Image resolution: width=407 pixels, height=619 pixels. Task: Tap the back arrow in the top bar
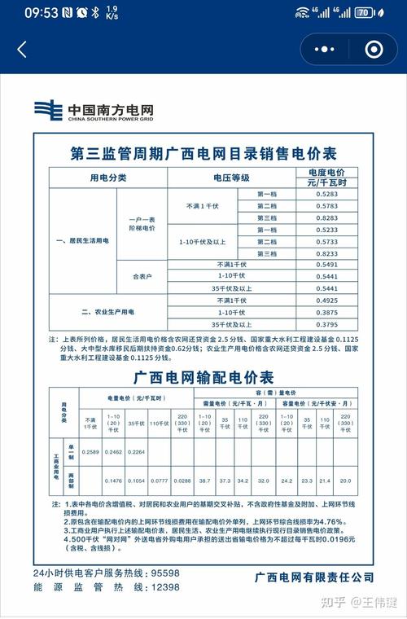(x=22, y=49)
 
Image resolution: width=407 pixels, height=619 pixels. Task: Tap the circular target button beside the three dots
(x=374, y=49)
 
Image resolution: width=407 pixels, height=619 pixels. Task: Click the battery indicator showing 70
(x=363, y=12)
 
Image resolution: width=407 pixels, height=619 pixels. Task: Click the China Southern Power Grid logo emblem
(x=48, y=110)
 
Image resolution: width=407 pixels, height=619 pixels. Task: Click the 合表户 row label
(x=142, y=277)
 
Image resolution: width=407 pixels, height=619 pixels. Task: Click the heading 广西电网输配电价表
(x=203, y=378)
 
